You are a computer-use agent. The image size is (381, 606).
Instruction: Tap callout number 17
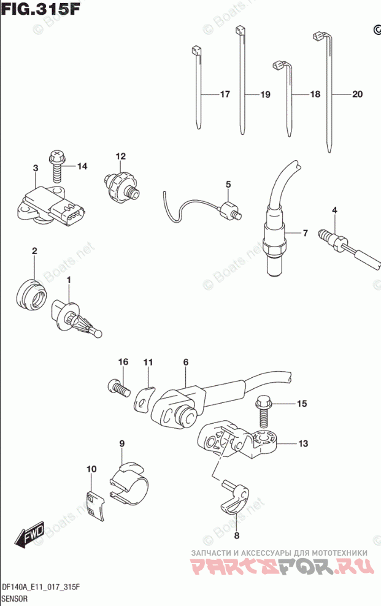coord(225,94)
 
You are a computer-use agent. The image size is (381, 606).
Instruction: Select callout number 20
coord(358,94)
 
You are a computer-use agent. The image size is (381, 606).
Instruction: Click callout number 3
coord(36,168)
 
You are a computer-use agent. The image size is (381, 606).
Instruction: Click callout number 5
coord(228,184)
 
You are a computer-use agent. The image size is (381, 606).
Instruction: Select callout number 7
coord(304,233)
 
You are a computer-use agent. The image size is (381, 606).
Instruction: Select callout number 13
coord(304,443)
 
